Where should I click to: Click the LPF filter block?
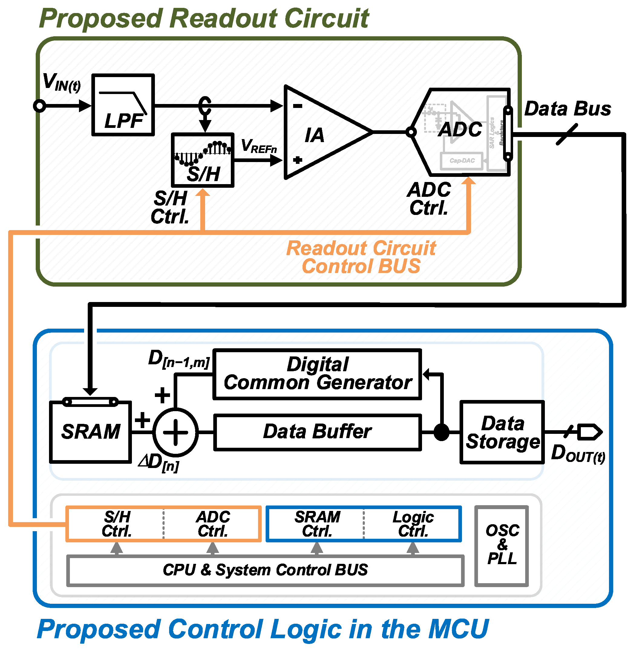coord(123,105)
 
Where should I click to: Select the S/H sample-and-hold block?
coord(202,160)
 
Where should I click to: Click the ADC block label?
coord(460,129)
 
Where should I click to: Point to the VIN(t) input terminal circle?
coord(40,106)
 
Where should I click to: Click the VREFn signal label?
coord(259,146)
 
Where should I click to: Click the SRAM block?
coord(90,432)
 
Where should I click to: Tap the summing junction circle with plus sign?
coord(175,432)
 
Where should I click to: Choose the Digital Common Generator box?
coord(317,374)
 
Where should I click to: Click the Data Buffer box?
coord(317,432)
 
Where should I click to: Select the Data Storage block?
coord(502,432)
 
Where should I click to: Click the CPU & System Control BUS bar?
coord(265,570)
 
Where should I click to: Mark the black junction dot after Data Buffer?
coord(442,432)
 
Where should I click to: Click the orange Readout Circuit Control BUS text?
coord(361,257)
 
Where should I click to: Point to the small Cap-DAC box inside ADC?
coord(462,161)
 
